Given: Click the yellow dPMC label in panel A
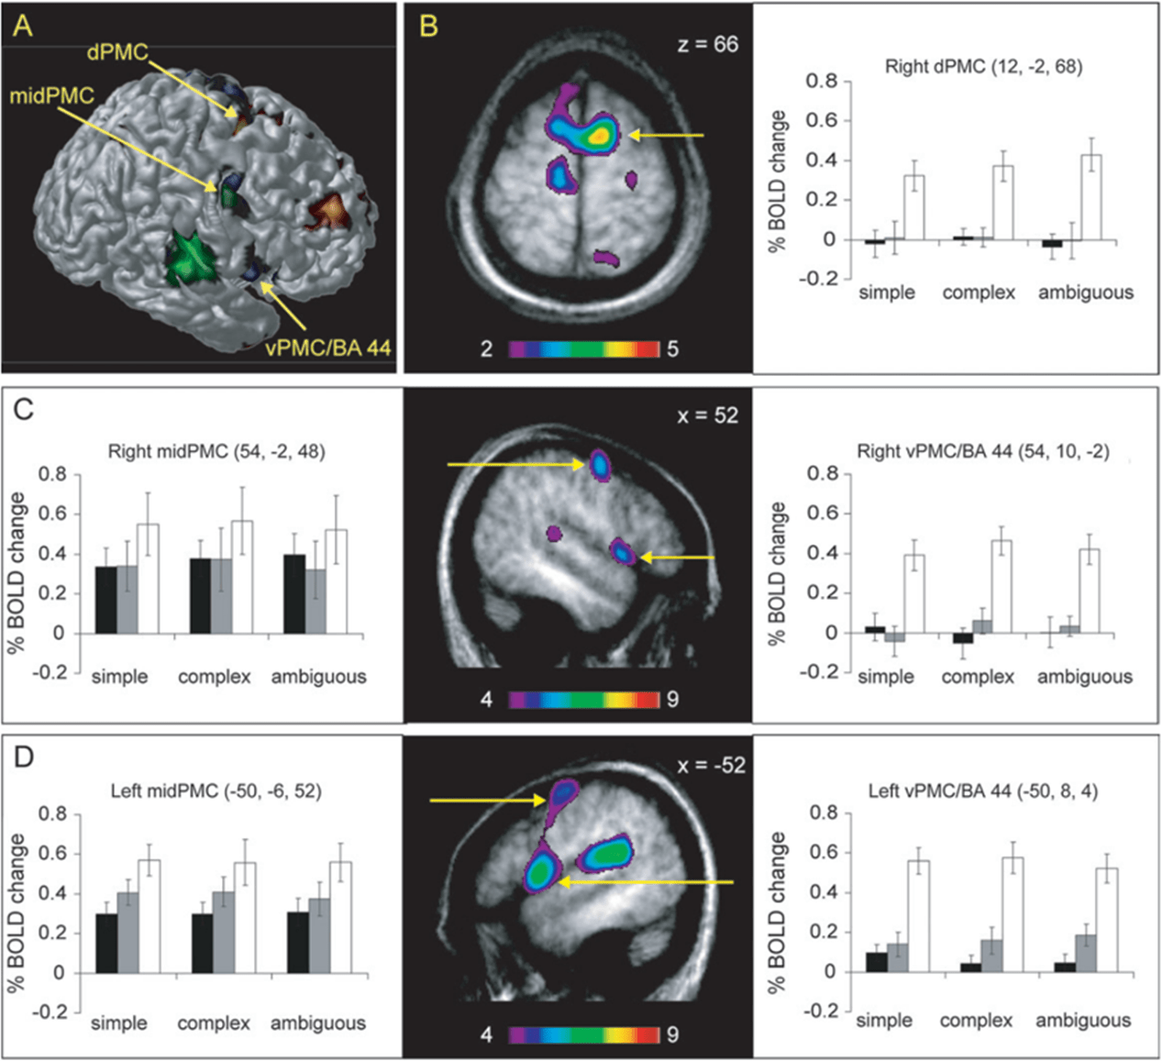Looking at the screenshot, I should click(x=116, y=52).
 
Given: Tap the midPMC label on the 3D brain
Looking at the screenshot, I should click(x=53, y=95).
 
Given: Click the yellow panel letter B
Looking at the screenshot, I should click(x=427, y=28).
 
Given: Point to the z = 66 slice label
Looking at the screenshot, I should click(x=707, y=44).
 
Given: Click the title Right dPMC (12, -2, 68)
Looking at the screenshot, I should click(x=983, y=66).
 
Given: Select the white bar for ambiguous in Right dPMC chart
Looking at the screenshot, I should click(x=1091, y=197).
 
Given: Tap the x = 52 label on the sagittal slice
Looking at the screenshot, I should click(x=706, y=415).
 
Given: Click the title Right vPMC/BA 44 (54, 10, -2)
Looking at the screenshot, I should click(x=983, y=451).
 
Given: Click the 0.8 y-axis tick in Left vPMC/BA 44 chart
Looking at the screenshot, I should click(x=824, y=812).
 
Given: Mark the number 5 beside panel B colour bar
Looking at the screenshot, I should click(x=672, y=349).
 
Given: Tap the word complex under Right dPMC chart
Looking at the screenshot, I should click(x=979, y=293).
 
